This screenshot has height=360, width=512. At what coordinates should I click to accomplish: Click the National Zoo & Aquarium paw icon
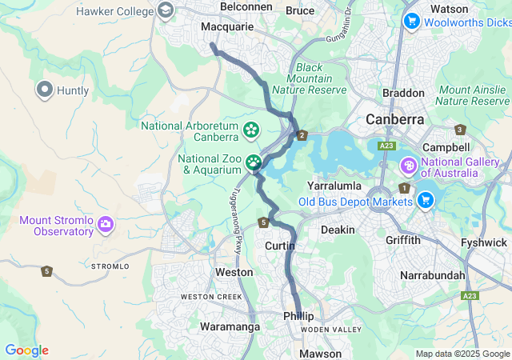(254, 162)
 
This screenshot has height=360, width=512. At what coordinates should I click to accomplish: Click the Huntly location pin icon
(44, 90)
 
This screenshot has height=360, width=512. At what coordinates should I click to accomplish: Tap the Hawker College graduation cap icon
(166, 10)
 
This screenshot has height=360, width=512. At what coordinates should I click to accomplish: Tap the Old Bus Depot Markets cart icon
(426, 200)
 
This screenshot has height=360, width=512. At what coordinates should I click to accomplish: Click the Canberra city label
(394, 119)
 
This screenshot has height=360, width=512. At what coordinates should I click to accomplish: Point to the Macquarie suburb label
(227, 26)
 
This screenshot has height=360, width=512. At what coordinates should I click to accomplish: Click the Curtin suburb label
(280, 246)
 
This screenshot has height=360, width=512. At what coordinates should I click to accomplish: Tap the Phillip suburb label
(299, 317)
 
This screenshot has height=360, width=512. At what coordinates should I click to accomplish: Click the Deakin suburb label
(338, 230)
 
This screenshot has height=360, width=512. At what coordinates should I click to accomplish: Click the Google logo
(26, 350)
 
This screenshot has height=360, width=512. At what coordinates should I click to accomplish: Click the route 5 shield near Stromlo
(47, 271)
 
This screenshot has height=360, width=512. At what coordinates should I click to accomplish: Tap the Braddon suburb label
(404, 93)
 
